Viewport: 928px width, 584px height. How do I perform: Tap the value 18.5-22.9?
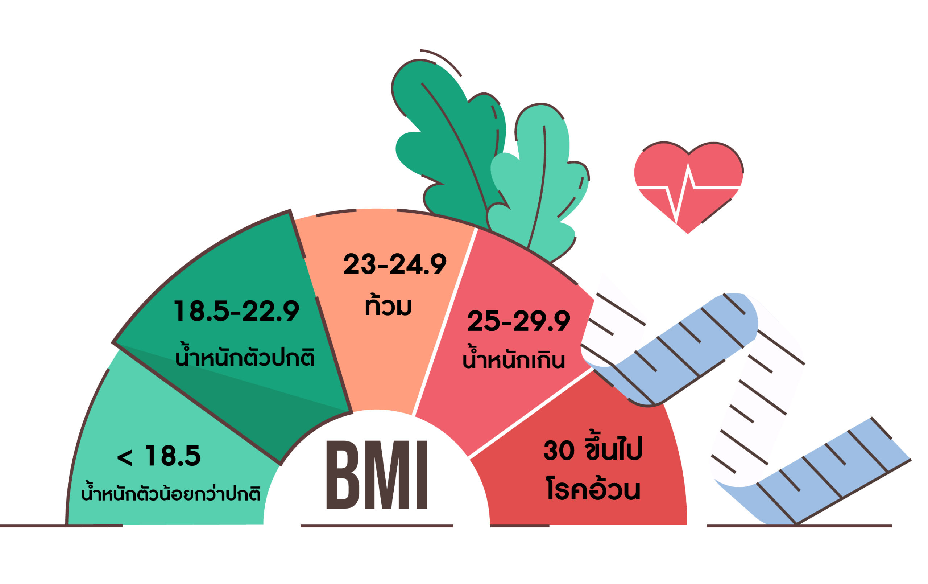coord(236,311)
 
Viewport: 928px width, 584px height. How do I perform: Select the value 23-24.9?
coord(395,264)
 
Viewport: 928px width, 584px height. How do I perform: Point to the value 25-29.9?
coord(518,321)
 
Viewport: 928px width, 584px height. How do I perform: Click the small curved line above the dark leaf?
coord(443,59)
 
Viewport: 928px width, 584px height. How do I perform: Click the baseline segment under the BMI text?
coord(377,525)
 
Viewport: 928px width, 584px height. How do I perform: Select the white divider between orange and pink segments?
coord(444,322)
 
